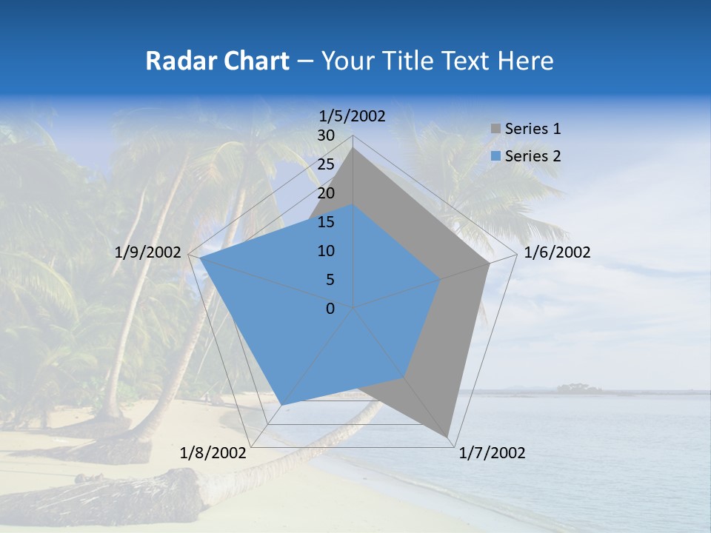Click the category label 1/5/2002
point(352,115)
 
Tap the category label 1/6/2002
point(557,252)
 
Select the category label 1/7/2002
point(492,453)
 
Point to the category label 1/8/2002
point(213,453)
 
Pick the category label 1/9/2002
point(148,252)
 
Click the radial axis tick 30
point(326,135)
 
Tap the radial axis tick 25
point(326,164)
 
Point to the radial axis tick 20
point(326,193)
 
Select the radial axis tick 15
point(326,222)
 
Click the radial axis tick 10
point(326,251)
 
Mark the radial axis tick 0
point(330,309)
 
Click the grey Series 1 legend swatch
point(495,130)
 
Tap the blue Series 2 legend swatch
point(495,156)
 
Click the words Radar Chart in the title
point(217,61)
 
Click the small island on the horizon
point(579,387)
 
